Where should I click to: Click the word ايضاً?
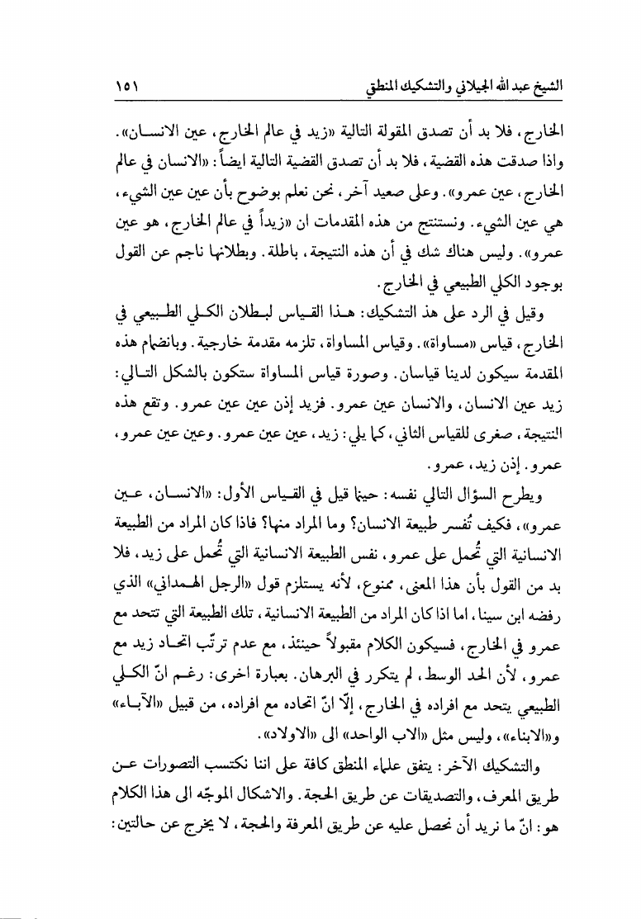click(x=236, y=160)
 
